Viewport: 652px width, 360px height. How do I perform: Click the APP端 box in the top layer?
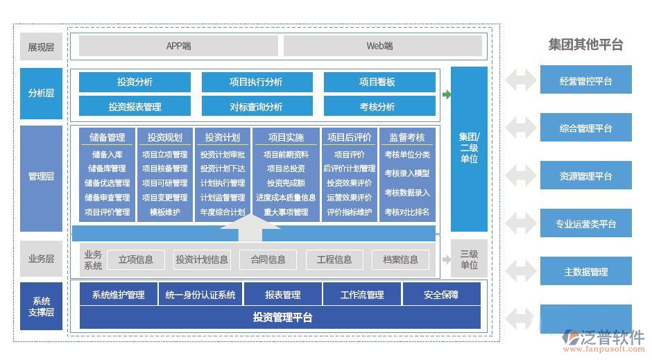[178, 46]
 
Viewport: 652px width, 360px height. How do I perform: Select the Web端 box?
[382, 46]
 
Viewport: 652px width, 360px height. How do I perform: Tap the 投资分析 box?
[135, 82]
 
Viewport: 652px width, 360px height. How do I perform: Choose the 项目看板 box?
[379, 82]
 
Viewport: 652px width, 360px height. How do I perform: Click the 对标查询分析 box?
[256, 106]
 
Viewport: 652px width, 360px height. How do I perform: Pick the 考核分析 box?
[379, 106]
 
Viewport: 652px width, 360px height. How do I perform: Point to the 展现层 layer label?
[41, 47]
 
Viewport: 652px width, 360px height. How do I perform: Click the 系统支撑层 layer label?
[41, 306]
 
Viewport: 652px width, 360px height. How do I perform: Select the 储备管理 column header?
[107, 137]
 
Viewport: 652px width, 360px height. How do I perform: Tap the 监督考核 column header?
[407, 137]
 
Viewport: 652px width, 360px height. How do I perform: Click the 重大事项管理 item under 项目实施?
[285, 212]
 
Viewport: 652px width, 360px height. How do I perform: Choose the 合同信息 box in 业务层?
[268, 259]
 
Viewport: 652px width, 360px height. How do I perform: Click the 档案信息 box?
[400, 259]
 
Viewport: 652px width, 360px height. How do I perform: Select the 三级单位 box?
[469, 259]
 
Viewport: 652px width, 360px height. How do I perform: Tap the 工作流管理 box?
[362, 295]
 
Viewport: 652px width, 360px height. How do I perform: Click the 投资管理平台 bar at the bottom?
[280, 318]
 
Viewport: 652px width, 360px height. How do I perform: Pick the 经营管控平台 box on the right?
[585, 80]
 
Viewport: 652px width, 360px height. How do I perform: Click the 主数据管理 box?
[585, 272]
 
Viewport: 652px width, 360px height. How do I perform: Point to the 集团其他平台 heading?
[585, 45]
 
